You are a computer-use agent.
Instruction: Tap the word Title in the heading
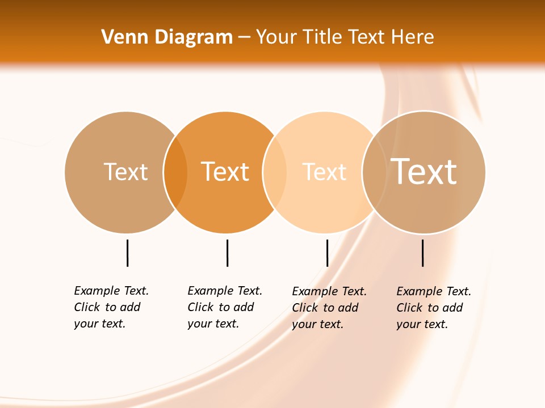coord(321,37)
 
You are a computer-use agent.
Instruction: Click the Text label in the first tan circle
coord(125,172)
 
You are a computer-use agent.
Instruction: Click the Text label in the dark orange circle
coord(225,172)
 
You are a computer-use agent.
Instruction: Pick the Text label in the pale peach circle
coord(324,172)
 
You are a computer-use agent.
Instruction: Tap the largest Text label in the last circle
coord(424,172)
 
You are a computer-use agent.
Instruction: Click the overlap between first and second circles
coord(175,172)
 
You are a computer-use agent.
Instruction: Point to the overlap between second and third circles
coord(275,172)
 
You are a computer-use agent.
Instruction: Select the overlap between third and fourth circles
coord(374,172)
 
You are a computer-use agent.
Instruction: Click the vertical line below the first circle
coord(127,253)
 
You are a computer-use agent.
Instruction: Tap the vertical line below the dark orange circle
coord(227,253)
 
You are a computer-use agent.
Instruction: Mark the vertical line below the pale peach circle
coord(327,253)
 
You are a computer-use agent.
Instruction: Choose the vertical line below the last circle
coord(422,253)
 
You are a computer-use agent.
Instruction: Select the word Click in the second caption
coord(200,307)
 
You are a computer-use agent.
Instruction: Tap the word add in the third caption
coord(347,308)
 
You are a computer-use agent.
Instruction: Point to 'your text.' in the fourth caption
coord(422,324)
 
